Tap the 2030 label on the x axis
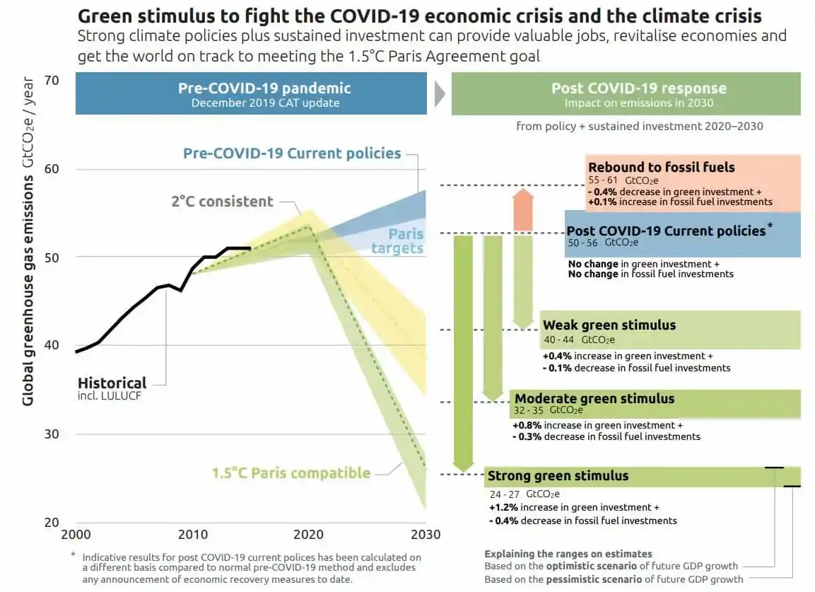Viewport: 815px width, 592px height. coord(426,535)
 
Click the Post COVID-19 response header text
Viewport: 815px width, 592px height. coord(638,88)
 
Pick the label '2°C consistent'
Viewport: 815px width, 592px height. coord(222,202)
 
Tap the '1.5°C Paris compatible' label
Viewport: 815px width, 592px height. coord(291,473)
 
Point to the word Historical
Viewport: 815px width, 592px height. coord(112,383)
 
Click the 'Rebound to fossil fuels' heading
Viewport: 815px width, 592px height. coord(662,168)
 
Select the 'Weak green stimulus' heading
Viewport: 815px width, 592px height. coord(609,325)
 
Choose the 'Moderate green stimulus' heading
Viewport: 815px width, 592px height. coord(594,399)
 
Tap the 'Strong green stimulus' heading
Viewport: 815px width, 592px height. coord(558,476)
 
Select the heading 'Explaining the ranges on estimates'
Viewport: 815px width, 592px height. coord(568,554)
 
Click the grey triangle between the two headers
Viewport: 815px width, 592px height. coord(439,93)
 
